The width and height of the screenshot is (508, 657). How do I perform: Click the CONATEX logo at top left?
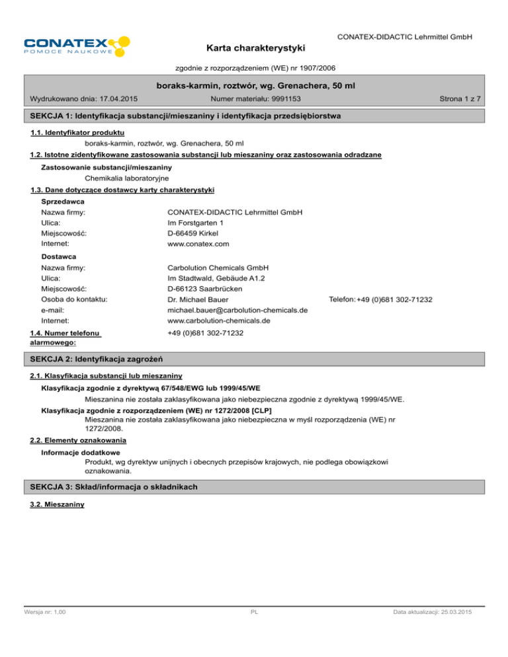[x=75, y=45]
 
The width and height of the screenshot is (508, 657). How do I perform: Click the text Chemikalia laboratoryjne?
[x=128, y=178]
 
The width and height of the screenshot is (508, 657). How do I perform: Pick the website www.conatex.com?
[x=198, y=244]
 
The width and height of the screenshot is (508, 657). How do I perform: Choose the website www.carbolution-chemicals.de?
[x=219, y=321]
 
